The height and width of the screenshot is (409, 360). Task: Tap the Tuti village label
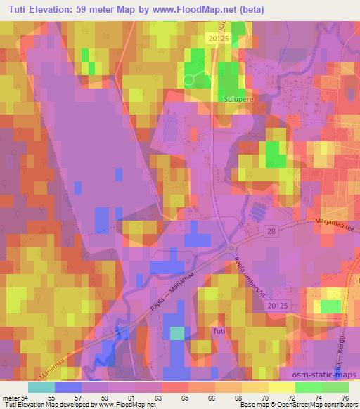(x=219, y=330)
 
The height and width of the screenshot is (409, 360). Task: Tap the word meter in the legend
(x=12, y=398)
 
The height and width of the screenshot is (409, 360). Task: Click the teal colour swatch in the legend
(x=41, y=387)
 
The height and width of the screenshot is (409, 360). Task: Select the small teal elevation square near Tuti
(x=178, y=332)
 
